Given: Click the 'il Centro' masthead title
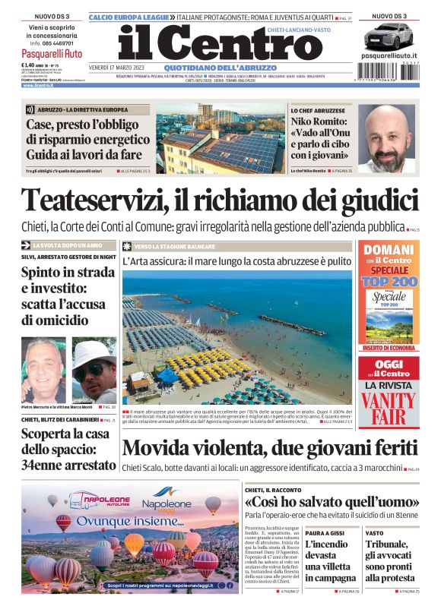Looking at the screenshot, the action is (210, 45).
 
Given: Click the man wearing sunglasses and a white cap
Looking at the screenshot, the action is (94, 370).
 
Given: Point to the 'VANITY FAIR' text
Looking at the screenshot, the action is (389, 408).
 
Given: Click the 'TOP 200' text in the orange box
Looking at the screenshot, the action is (389, 281).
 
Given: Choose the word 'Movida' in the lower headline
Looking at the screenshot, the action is (163, 448).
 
